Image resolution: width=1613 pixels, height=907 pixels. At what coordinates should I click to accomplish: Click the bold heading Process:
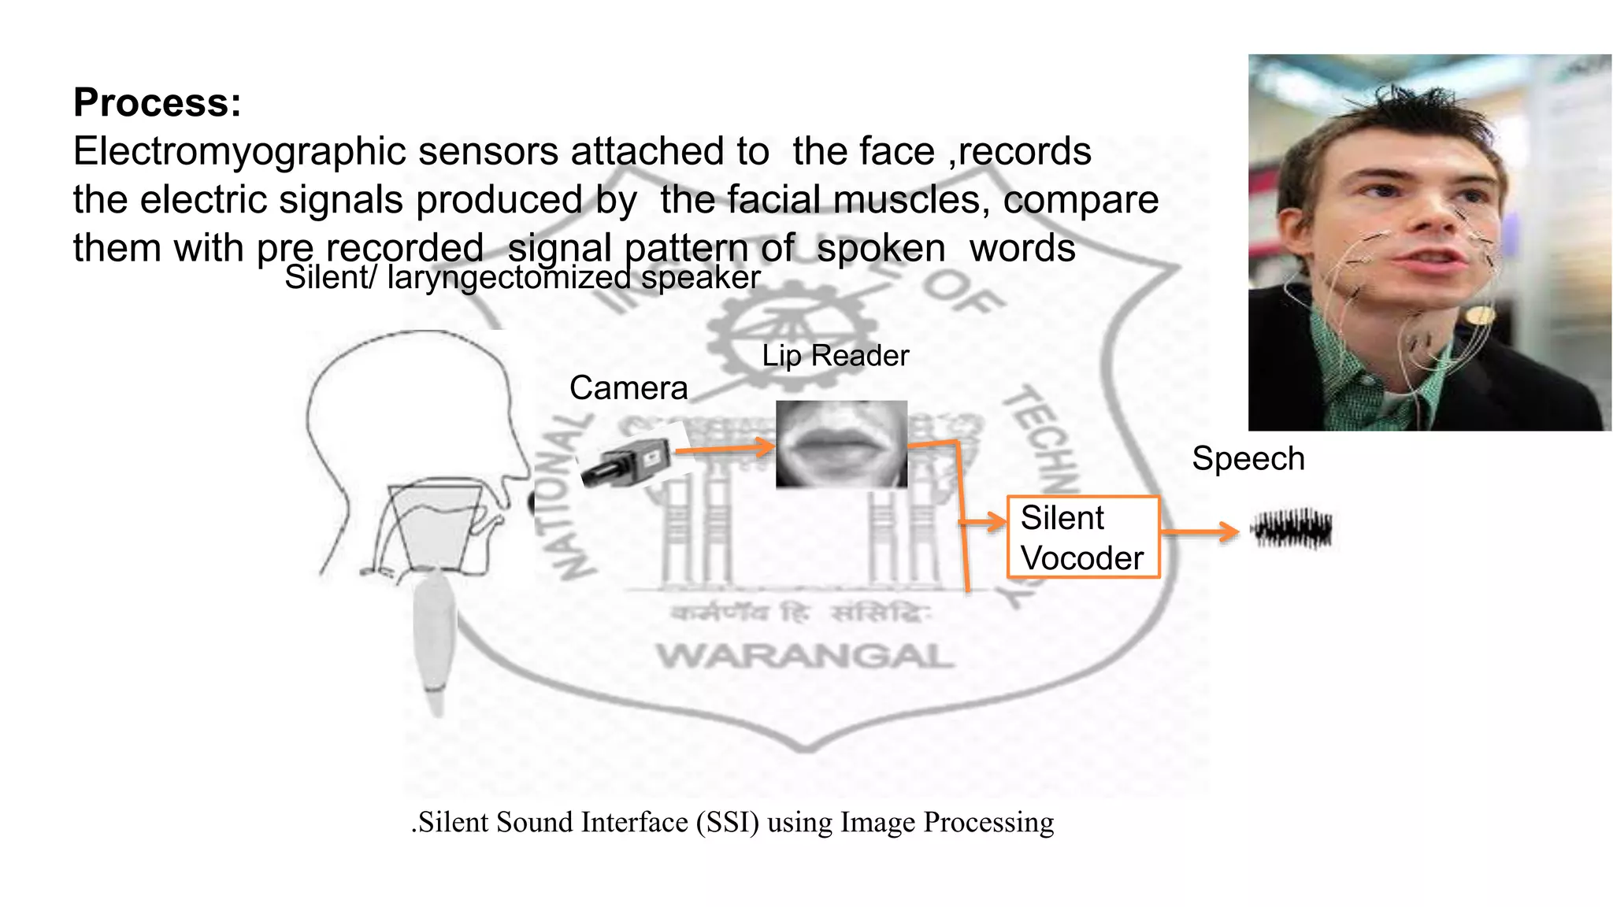pyautogui.click(x=157, y=103)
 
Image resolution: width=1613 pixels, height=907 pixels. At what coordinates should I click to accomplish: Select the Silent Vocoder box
pyautogui.click(x=1083, y=538)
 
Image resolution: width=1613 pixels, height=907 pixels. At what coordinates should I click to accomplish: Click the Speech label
pyautogui.click(x=1248, y=459)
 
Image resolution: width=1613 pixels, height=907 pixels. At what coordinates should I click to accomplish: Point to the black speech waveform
pyautogui.click(x=1292, y=529)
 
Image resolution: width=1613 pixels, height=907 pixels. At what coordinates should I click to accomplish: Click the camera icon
pyautogui.click(x=627, y=464)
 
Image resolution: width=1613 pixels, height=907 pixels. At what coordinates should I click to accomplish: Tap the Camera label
pyautogui.click(x=629, y=388)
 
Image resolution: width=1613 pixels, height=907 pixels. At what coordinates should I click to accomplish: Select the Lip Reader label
pyautogui.click(x=835, y=356)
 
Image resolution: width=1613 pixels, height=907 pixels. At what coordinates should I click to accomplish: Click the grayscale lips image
pyautogui.click(x=841, y=445)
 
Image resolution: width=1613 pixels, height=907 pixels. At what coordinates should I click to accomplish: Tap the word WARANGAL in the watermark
pyautogui.click(x=805, y=656)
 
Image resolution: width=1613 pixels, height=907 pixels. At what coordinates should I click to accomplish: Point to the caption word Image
pyautogui.click(x=878, y=823)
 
